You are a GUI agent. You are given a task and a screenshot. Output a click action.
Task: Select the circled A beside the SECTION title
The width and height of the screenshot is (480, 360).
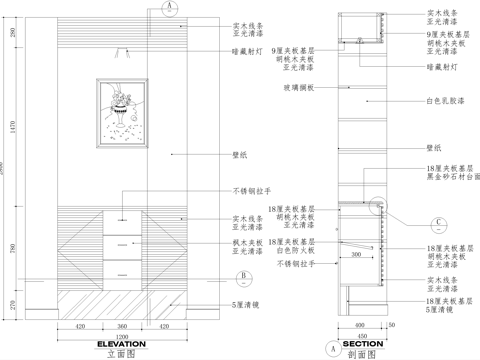click(x=331, y=348)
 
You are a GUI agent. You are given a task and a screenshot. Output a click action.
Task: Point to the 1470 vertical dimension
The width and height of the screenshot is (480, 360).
click(x=12, y=122)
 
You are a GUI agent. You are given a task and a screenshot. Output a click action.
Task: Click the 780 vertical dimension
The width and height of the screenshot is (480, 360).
click(x=12, y=248)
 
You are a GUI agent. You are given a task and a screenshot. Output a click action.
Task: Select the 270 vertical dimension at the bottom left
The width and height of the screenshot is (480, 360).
click(x=12, y=306)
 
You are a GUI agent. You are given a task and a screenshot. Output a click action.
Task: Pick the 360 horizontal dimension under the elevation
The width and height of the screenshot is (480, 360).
click(x=122, y=326)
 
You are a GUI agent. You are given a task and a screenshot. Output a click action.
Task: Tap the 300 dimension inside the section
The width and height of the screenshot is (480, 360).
click(x=354, y=255)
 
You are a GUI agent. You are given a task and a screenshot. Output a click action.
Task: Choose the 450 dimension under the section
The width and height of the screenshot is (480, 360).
click(x=364, y=336)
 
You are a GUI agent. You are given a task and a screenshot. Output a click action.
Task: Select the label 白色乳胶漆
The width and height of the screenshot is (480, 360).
click(x=443, y=101)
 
